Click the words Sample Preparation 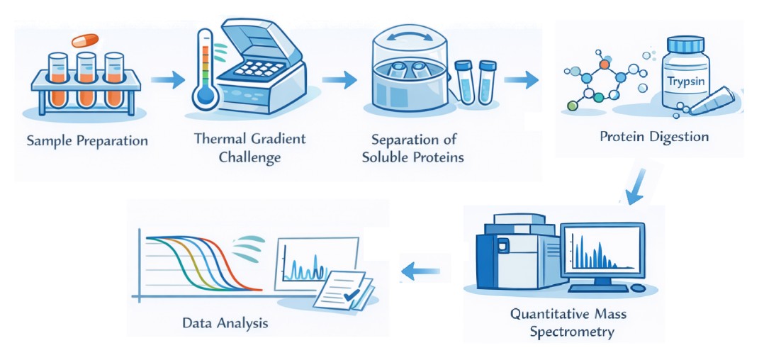(x=87, y=140)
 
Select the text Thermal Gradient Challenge (x=249, y=147)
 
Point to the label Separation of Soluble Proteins (x=412, y=149)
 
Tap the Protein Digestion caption (x=654, y=136)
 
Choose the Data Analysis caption (x=225, y=323)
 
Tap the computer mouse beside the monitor (x=638, y=288)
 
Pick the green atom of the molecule (x=573, y=106)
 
